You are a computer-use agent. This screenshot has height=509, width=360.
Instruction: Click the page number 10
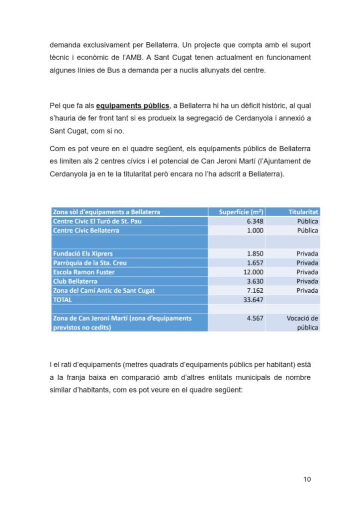coord(307,479)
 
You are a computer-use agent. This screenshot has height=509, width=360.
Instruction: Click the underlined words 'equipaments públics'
coord(132,106)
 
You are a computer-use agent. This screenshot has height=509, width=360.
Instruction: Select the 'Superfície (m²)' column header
coord(241,212)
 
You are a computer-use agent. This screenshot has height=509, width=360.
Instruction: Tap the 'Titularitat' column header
coord(304,212)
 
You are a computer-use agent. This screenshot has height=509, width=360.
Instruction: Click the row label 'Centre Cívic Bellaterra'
coord(86,231)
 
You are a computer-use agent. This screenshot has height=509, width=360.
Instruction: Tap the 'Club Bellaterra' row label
coord(75,281)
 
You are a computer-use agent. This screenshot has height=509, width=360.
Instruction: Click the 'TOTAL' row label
coord(62,300)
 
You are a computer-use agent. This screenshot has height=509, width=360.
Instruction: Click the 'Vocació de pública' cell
coord(302,323)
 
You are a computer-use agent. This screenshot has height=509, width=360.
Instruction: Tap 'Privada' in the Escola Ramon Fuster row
coord(307,272)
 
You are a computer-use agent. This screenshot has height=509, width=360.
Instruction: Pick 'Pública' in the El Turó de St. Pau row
coord(307,221)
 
